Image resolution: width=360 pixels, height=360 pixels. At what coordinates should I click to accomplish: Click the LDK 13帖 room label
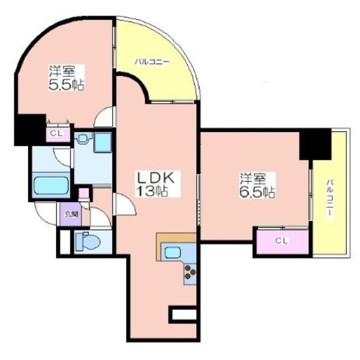[155, 184]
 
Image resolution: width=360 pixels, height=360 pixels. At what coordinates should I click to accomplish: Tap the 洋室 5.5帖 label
[66, 78]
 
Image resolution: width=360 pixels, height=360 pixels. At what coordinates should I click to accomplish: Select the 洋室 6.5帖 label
[257, 185]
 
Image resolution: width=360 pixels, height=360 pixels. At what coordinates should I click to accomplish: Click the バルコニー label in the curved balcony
[152, 62]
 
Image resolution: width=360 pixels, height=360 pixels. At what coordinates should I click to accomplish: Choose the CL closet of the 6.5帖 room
[282, 241]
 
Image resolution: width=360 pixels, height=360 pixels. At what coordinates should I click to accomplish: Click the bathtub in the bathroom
[51, 185]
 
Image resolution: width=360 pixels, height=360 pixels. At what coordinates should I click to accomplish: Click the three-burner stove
[190, 272]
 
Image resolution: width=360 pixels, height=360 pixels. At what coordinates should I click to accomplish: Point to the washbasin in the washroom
[83, 138]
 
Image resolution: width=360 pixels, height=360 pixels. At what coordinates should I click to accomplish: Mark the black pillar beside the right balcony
[315, 144]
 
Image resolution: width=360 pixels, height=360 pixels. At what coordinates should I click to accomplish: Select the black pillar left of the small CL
[30, 130]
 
